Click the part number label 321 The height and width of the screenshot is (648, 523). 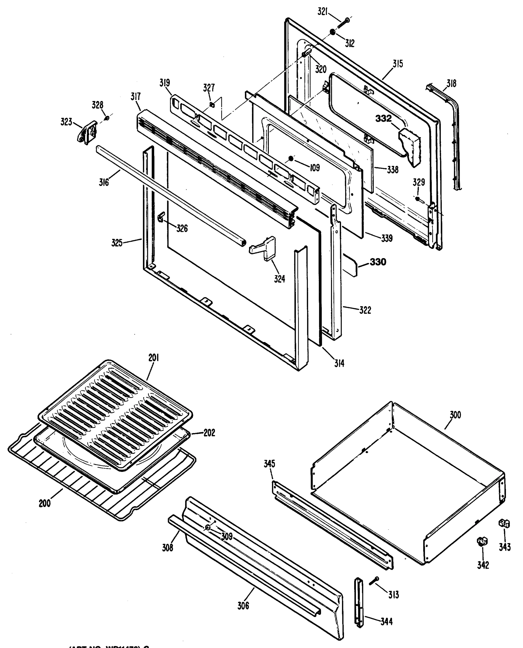click(322, 12)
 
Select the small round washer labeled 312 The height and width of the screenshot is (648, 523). click(332, 32)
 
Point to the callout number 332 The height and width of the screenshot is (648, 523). click(383, 119)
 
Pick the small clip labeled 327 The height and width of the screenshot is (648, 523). click(211, 104)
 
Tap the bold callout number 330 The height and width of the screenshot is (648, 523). click(378, 262)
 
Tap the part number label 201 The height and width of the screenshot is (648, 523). click(154, 358)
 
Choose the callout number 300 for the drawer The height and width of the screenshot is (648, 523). click(455, 415)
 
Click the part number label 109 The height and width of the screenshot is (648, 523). click(315, 168)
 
